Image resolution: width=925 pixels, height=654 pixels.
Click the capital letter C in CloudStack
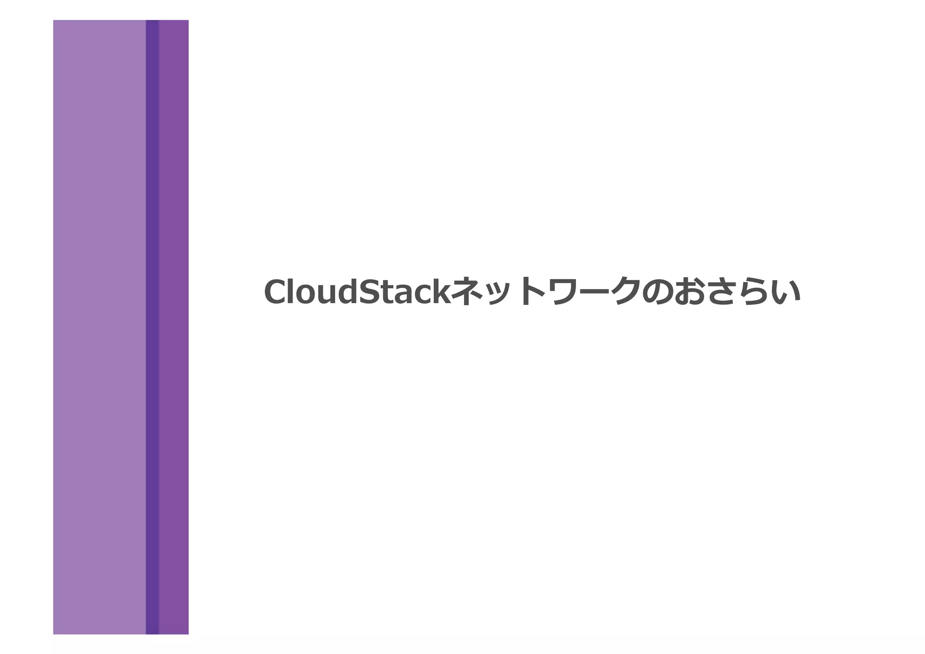tap(277, 292)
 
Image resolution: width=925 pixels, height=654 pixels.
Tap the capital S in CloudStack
tap(368, 292)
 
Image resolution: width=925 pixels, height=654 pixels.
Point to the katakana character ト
tap(529, 291)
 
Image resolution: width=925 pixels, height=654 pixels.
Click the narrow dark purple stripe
tap(152, 327)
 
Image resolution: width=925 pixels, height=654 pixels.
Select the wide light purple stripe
tap(99, 327)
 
